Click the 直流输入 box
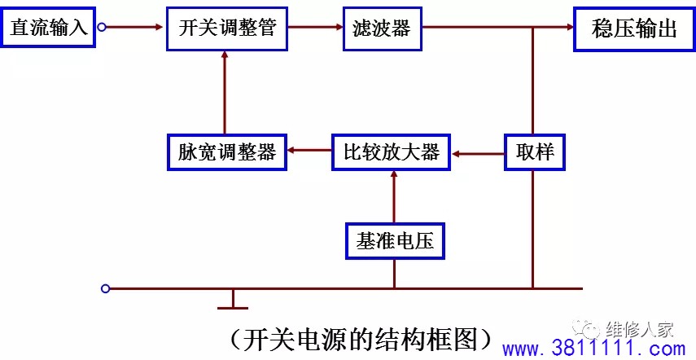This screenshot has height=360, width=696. click(47, 27)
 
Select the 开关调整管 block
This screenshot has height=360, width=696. click(227, 29)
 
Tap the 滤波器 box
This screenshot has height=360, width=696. click(382, 29)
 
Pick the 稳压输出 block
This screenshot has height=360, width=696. click(634, 29)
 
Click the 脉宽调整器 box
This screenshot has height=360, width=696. click(227, 152)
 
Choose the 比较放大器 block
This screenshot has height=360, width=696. click(391, 152)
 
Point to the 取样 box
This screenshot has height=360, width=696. click(535, 152)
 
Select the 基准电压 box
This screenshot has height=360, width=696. click(395, 241)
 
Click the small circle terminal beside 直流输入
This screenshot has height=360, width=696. click(102, 28)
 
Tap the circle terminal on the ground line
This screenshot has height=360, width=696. click(105, 289)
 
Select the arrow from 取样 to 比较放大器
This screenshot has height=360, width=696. click(478, 154)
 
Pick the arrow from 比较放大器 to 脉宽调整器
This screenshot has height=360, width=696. click(309, 151)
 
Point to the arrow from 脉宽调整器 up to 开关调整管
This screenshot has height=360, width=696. click(224, 92)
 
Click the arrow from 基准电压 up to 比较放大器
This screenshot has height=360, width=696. click(393, 197)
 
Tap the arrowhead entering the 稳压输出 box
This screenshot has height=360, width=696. click(570, 27)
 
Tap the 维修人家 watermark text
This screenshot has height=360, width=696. click(640, 329)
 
